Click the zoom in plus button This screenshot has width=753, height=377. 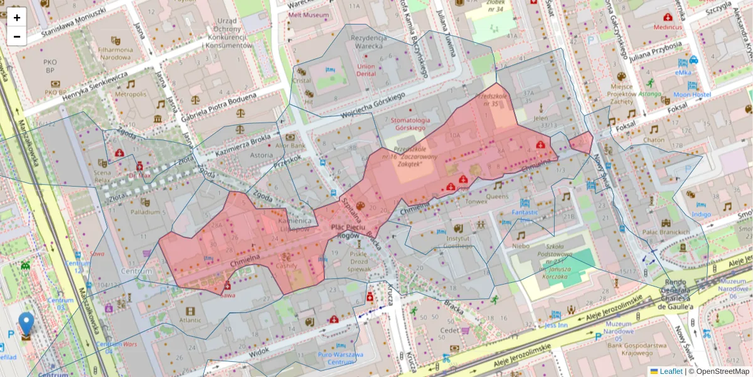[x=17, y=18]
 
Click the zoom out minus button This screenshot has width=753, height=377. [x=17, y=36]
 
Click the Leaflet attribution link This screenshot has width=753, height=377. [x=670, y=371]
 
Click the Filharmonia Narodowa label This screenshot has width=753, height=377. [x=114, y=53]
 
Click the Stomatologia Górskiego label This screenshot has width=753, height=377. [x=410, y=124]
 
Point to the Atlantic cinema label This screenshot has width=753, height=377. [x=190, y=319]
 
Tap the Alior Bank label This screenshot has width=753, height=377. [x=289, y=145]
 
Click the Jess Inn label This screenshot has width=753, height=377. [x=555, y=325]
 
